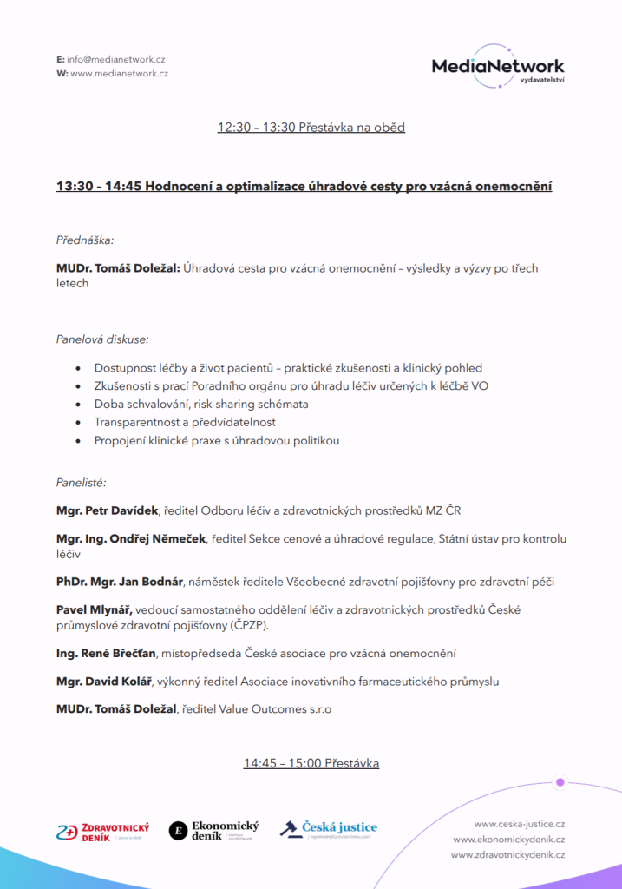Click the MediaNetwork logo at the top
497,67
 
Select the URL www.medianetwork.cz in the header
119,74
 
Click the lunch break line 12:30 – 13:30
311,128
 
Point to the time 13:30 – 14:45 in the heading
98,187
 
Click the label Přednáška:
85,239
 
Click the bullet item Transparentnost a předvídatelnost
185,422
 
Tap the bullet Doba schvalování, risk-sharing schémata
201,404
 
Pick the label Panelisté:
82,482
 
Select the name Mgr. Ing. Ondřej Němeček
131,539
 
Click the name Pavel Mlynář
94,609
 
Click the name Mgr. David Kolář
104,682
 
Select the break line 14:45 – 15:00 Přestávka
311,764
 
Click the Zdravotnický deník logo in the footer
103,832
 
